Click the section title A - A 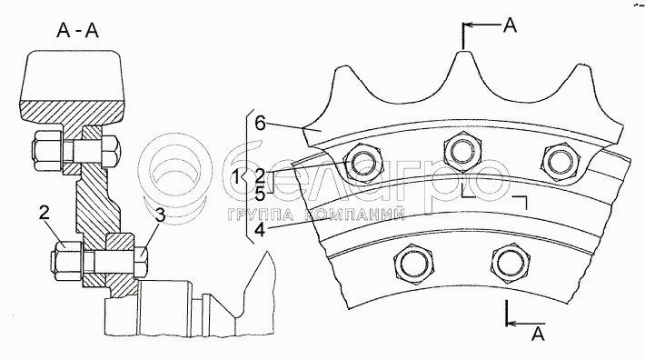(78, 30)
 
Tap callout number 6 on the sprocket (261, 123)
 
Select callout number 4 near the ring (260, 230)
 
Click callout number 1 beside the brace (235, 177)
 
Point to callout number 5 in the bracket (260, 194)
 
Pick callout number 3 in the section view (160, 215)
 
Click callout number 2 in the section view (45, 213)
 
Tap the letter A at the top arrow (510, 25)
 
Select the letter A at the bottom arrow (538, 334)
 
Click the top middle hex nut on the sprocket (463, 151)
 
